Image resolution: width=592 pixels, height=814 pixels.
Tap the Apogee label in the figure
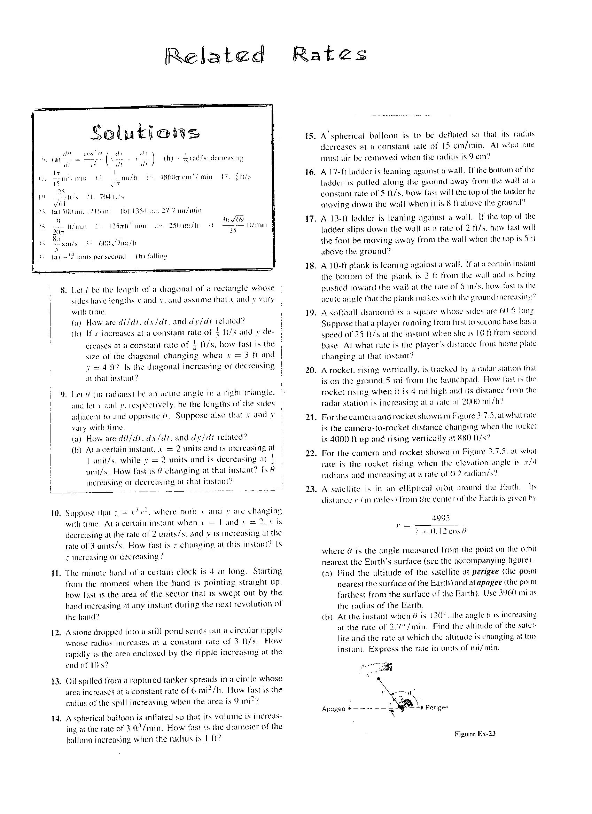pos(334,709)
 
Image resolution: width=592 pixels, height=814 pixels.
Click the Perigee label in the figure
pos(437,707)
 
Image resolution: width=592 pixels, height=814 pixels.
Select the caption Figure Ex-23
pos(475,734)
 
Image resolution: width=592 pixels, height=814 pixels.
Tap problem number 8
pos(64,290)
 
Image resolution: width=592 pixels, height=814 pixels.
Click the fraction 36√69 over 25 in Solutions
pos(233,224)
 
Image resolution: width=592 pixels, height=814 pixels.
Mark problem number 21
pos(311,417)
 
